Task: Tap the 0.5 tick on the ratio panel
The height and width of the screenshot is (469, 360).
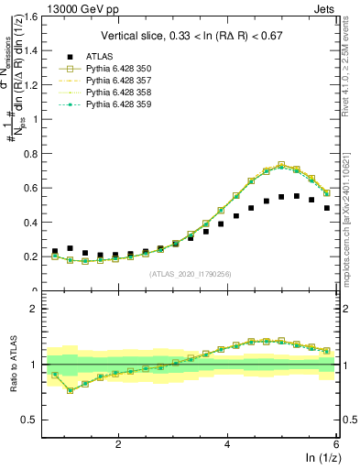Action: (x=33, y=420)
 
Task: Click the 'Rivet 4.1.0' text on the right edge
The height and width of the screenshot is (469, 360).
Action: (x=353, y=87)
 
